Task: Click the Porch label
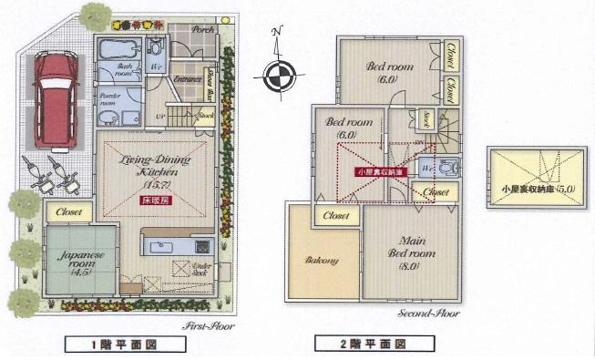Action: [202, 28]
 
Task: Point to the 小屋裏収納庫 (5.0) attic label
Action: [535, 190]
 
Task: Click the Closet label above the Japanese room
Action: [69, 211]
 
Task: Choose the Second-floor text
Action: [427, 315]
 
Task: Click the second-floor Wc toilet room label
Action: [426, 170]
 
